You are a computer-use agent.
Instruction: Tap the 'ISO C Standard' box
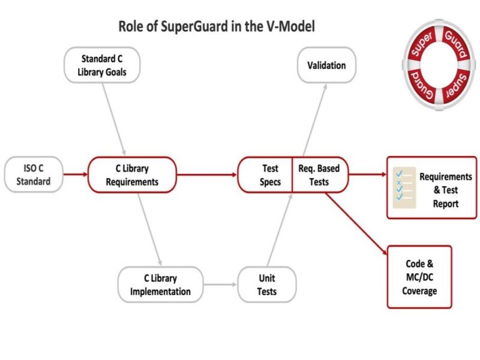click(34, 175)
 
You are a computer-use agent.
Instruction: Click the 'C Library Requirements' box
click(131, 175)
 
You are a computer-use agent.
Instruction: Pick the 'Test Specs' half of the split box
click(265, 175)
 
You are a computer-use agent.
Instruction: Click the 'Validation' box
click(326, 65)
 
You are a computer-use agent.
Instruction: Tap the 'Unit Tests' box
click(266, 284)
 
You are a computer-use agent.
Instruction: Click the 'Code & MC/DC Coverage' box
click(419, 277)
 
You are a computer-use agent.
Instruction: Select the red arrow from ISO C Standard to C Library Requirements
click(75, 175)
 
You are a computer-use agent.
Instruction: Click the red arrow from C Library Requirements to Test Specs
click(206, 175)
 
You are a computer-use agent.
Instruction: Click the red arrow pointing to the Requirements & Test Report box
click(367, 175)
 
